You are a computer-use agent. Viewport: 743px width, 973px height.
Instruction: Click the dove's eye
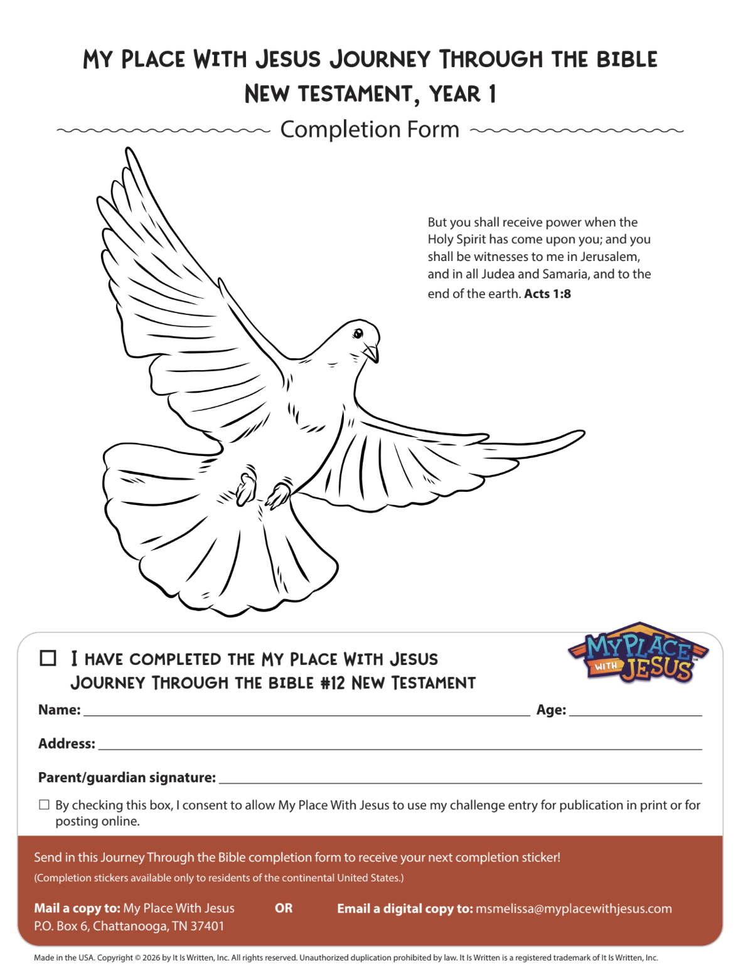click(358, 332)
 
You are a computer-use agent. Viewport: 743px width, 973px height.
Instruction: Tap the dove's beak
click(372, 353)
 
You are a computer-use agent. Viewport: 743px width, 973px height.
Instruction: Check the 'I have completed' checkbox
click(48, 658)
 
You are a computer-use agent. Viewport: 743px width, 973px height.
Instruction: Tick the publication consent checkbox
click(44, 805)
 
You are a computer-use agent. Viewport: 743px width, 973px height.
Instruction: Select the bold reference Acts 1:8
click(547, 294)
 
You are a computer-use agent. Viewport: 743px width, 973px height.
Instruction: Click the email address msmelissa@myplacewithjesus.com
click(574, 908)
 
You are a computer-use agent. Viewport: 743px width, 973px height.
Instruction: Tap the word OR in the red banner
click(284, 908)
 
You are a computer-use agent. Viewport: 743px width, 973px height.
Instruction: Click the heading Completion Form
click(370, 129)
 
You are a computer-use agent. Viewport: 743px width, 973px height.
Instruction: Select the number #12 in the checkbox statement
click(333, 683)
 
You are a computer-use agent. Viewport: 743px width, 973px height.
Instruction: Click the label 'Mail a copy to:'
click(77, 908)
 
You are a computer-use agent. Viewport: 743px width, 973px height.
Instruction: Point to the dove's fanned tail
click(238, 552)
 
